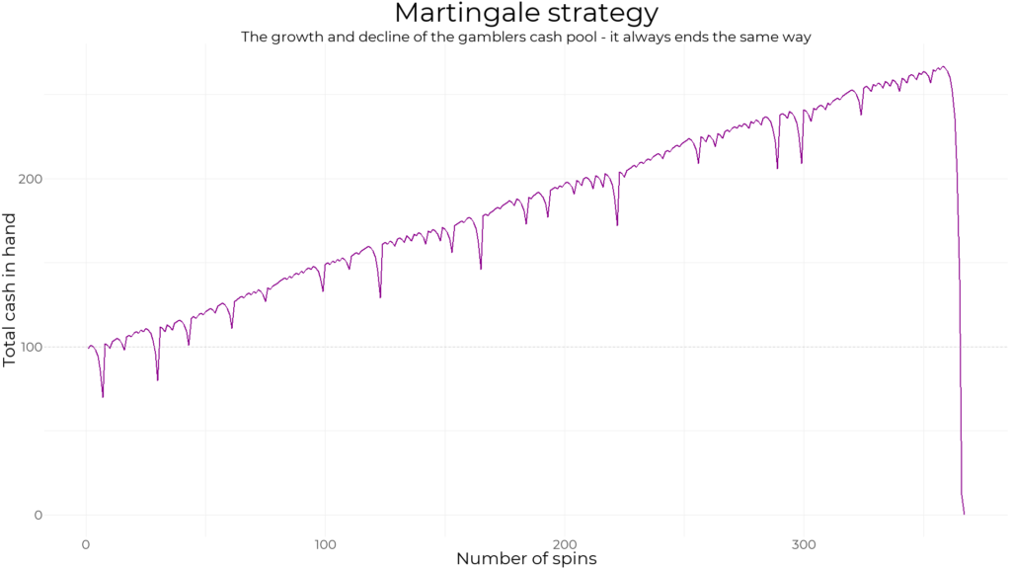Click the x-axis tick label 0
point(86,543)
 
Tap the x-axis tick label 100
point(325,543)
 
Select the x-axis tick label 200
point(564,543)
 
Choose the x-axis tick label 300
point(803,543)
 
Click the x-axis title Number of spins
point(526,559)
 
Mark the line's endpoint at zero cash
point(964,514)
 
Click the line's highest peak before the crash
point(944,67)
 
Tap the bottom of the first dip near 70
point(103,397)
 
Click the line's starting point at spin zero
point(87,347)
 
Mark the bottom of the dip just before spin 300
point(777,168)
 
